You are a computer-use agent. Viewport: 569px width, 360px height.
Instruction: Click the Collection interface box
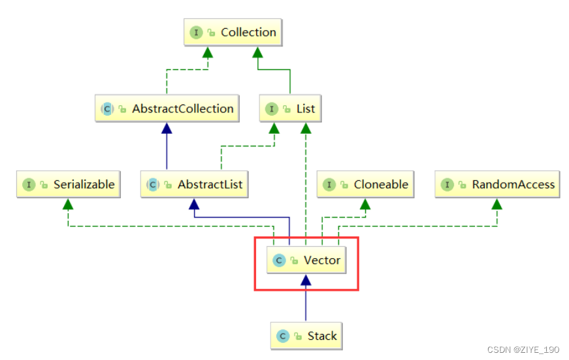coord(233,33)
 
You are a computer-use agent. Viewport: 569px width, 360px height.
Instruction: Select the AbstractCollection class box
coord(167,109)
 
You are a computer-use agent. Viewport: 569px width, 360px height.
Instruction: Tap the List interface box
coord(290,109)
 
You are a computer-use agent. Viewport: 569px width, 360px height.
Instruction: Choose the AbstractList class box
coord(195,185)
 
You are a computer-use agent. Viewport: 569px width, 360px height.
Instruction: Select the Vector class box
coord(306,260)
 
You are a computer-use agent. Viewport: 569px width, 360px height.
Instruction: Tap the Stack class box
coord(306,336)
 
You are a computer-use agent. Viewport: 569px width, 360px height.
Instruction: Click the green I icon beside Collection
coord(195,33)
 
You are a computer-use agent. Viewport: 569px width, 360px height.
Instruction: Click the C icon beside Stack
coord(282,336)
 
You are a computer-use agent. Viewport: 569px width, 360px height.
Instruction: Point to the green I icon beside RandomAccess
coord(447,185)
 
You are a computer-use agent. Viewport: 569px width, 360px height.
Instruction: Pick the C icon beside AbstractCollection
coord(106,109)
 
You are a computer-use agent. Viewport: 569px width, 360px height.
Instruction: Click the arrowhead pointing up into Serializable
coord(68,203)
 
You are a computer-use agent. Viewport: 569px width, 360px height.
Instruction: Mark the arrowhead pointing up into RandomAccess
coord(496,203)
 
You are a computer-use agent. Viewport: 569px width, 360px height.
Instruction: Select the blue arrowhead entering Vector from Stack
coord(306,279)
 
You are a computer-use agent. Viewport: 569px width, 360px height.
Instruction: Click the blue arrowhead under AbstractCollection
coord(166,127)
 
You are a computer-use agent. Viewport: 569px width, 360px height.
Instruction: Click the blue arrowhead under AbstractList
coord(193,203)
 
